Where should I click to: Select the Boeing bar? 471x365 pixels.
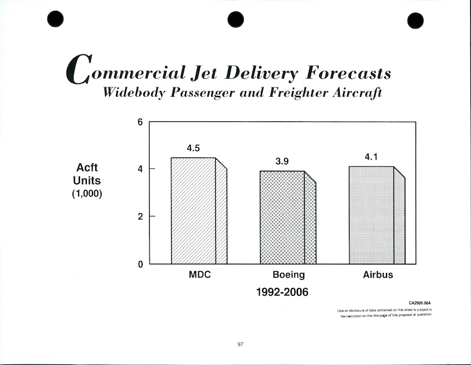[x=282, y=217]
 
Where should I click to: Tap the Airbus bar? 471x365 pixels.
[x=371, y=215]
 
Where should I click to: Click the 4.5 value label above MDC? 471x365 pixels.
[x=194, y=148]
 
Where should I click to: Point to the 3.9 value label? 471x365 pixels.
[x=282, y=162]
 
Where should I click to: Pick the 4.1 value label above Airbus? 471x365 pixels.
[x=371, y=157]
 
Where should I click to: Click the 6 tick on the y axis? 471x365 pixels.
[x=139, y=122]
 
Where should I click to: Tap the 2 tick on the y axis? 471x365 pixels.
[x=139, y=216]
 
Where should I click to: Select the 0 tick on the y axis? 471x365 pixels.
[x=139, y=264]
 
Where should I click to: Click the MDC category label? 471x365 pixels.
[x=200, y=275]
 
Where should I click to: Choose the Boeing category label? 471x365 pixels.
[x=288, y=275]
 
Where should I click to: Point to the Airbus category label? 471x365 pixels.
[x=378, y=275]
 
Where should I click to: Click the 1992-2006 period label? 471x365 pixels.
[x=282, y=292]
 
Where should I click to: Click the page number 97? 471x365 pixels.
[x=240, y=344]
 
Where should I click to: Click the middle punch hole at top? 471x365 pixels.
[x=235, y=19]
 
